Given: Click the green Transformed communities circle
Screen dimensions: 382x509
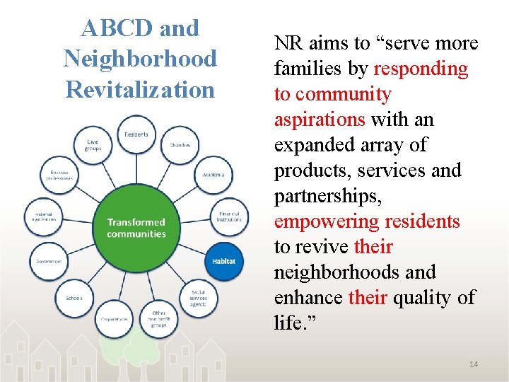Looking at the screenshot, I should pos(136,228).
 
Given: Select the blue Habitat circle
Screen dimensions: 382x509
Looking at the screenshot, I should pos(224,261).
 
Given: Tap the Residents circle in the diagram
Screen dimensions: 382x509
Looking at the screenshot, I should pos(136,134).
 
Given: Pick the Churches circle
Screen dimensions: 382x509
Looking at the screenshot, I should pos(180,145).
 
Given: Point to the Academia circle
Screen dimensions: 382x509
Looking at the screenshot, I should pos(213,174).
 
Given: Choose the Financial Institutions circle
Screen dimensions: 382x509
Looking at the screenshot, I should pos(229,216).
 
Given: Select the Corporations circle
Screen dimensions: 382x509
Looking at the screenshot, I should pos(113,318).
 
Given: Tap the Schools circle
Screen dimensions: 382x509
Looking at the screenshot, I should pos(74,298).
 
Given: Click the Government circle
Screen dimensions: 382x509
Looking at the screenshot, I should pos(49,261).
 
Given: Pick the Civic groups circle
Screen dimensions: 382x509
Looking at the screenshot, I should pos(93,146).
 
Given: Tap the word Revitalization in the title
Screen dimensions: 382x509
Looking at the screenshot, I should pos(140,90).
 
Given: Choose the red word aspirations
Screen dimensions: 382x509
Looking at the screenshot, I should pos(319,120).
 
